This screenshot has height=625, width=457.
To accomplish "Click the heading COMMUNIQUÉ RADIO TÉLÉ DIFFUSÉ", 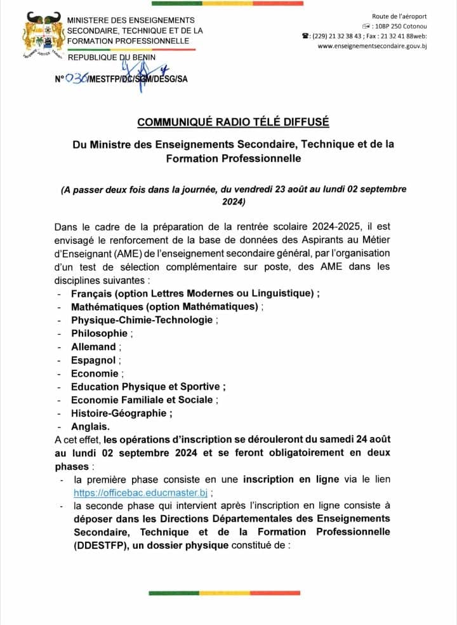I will click(233, 121).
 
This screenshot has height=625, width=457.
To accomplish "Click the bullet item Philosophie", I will click(99, 333).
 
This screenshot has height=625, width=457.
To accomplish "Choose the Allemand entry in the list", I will click(93, 346).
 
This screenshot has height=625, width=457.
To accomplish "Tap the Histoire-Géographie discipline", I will click(120, 413).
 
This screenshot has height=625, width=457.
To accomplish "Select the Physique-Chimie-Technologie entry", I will click(142, 319).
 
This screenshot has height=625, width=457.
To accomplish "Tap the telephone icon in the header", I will click(305, 36).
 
